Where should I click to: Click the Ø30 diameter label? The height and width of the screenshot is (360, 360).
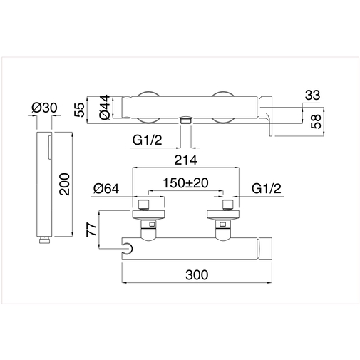point(44,108)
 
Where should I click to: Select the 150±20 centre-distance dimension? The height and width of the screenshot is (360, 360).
point(185,183)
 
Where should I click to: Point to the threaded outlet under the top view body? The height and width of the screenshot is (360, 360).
point(185,123)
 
